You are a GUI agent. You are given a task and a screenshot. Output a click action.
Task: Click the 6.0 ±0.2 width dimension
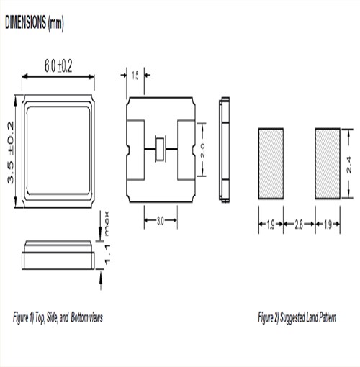(58, 66)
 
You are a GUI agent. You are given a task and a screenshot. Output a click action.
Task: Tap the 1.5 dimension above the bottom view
(135, 75)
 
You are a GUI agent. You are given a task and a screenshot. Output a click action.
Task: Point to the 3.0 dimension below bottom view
(161, 222)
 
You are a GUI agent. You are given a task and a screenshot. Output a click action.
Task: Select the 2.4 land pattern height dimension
(348, 163)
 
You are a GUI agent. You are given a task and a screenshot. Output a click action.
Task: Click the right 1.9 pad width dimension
(328, 225)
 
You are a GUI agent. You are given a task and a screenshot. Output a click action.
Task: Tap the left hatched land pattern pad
(271, 163)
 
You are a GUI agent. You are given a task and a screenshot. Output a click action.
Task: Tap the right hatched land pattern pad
(328, 163)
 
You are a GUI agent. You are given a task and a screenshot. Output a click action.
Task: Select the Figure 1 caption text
(58, 317)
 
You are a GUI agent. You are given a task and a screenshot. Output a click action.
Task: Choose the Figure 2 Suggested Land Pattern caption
(297, 317)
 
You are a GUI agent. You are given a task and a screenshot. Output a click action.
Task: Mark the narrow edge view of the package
(225, 149)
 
